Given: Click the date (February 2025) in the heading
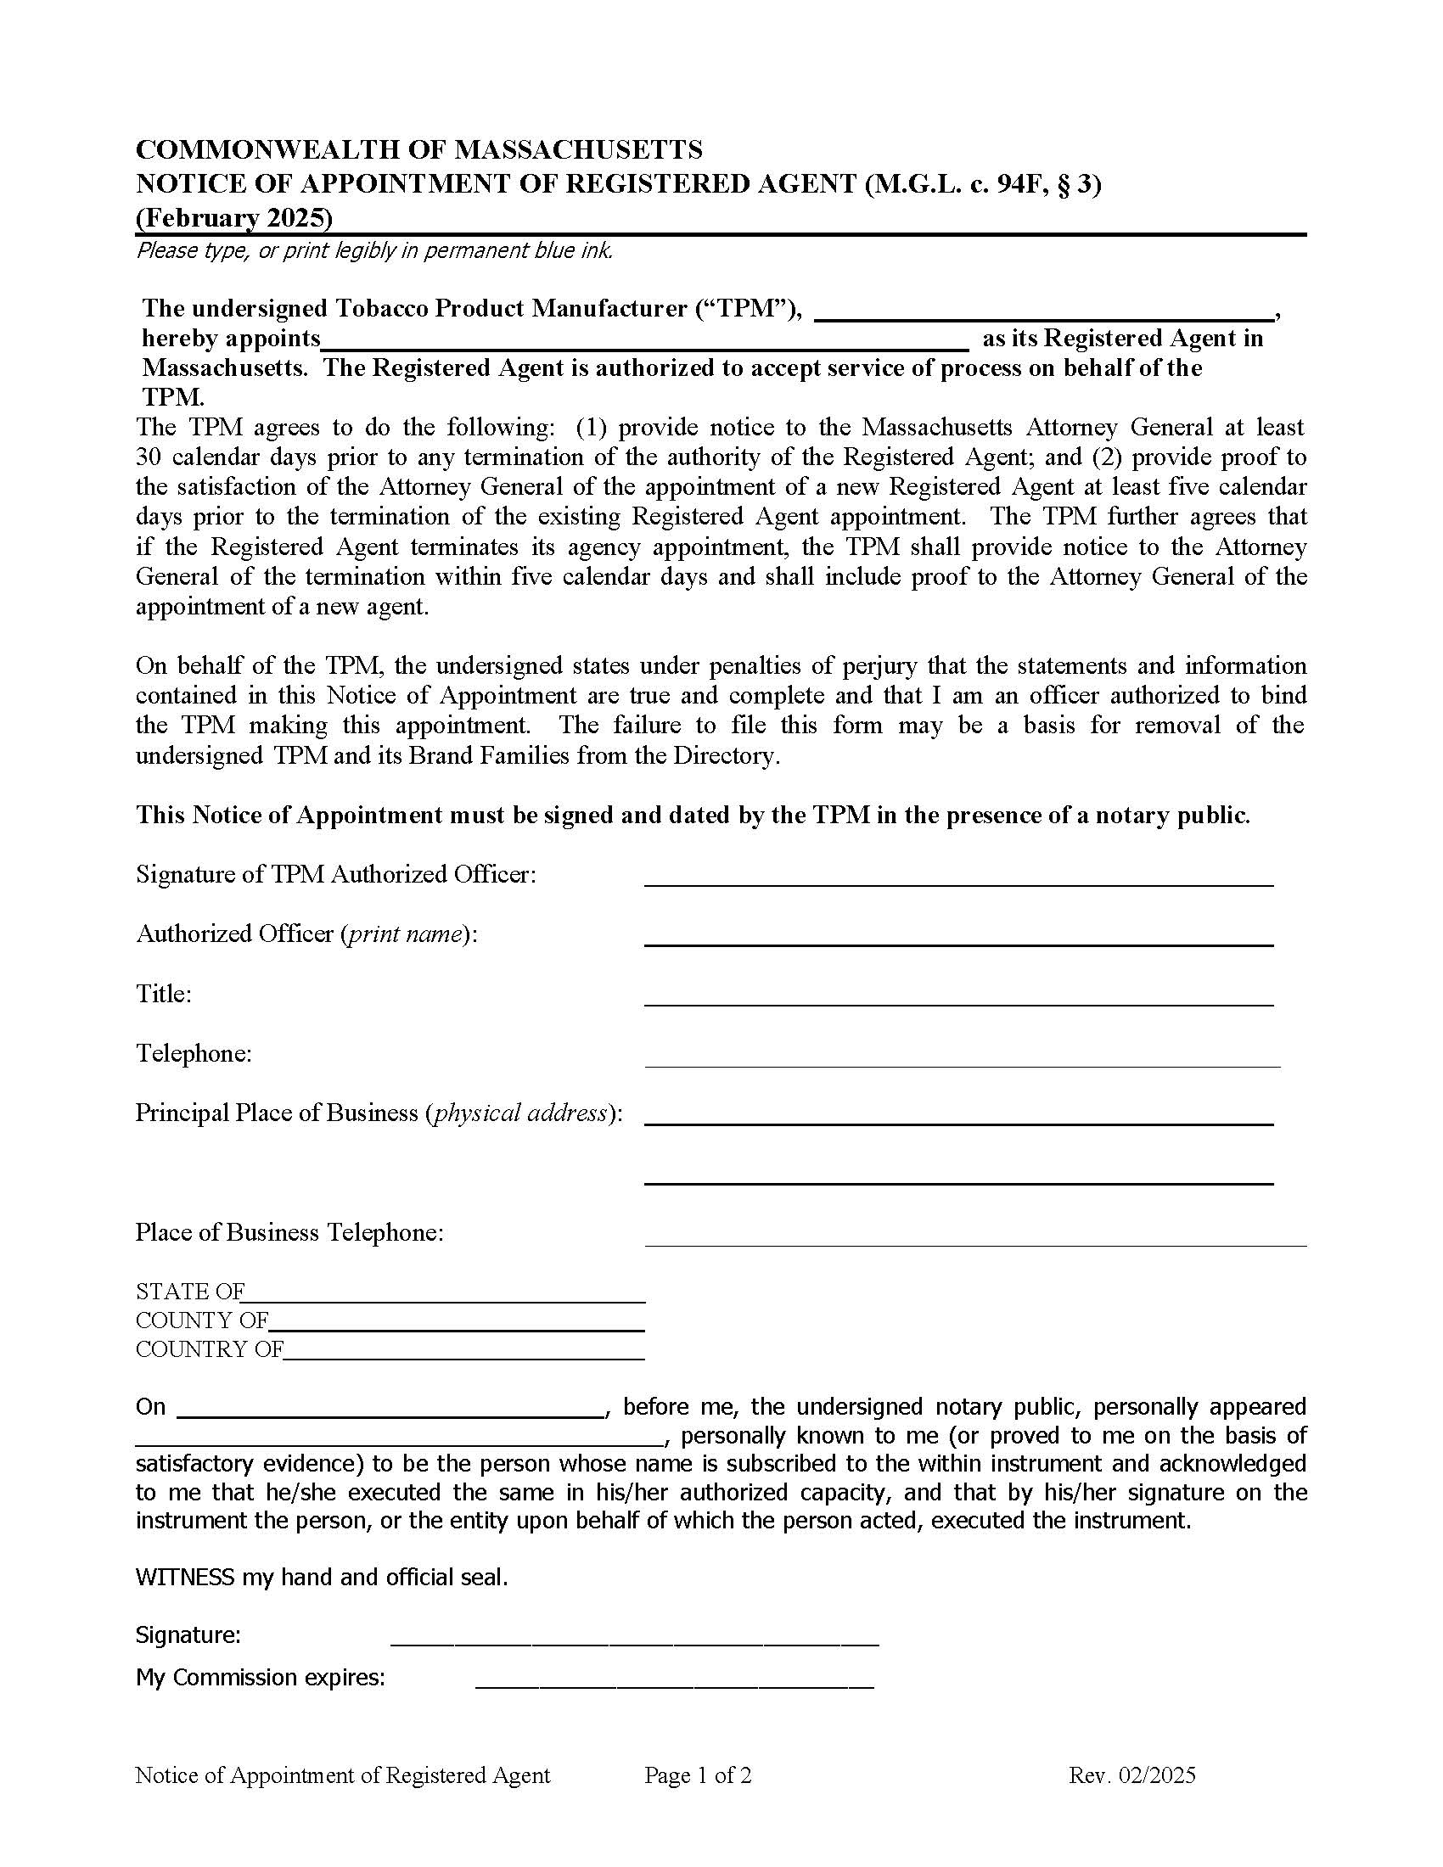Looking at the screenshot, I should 233,218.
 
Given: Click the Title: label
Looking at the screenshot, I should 163,994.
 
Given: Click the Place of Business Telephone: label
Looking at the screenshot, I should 289,1232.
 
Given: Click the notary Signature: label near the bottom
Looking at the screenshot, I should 188,1635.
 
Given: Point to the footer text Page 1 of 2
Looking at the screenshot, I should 698,1775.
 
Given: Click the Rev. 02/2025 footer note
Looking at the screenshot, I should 1131,1775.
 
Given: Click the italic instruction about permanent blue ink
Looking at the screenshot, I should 374,250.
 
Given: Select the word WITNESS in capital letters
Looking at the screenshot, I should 185,1578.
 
